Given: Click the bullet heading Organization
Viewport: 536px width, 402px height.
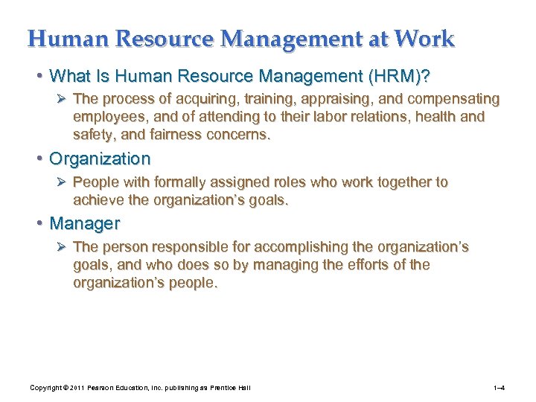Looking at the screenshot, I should click(100, 159).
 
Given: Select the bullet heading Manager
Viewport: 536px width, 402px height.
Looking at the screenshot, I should click(84, 223).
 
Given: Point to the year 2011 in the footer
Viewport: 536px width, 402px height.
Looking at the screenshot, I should click(78, 388).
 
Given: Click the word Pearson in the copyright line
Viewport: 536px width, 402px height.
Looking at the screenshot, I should click(108, 388).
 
